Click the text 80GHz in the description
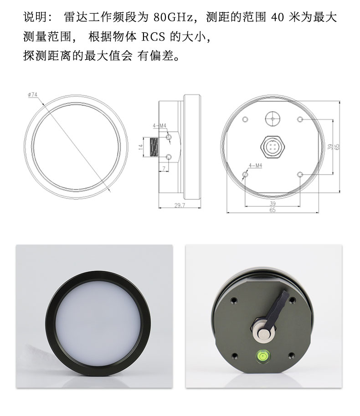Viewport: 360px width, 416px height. [x=173, y=17]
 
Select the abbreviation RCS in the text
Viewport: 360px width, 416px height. [x=153, y=36]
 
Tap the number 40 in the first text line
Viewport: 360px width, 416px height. [x=278, y=17]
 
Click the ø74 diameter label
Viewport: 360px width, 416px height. [x=33, y=94]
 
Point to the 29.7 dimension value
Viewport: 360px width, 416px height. [x=180, y=205]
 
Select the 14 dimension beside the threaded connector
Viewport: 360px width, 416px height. [x=141, y=147]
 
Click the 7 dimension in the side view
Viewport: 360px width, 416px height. [x=164, y=169]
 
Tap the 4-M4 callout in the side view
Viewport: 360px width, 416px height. [x=159, y=125]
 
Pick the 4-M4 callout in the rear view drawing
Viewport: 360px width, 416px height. [x=255, y=165]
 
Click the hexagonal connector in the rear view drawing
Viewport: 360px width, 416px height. [x=273, y=146]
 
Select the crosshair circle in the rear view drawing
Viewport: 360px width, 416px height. [x=273, y=119]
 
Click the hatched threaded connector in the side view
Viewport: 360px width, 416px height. [x=154, y=147]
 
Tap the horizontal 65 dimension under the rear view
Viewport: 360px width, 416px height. [x=273, y=210]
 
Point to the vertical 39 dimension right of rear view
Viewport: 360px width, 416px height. [x=330, y=147]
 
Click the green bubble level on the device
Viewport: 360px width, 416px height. [x=262, y=355]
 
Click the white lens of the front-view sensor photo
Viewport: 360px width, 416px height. [x=98, y=324]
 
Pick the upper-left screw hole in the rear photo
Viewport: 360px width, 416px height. [x=233, y=300]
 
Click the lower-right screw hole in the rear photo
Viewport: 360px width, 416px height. [x=291, y=355]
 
